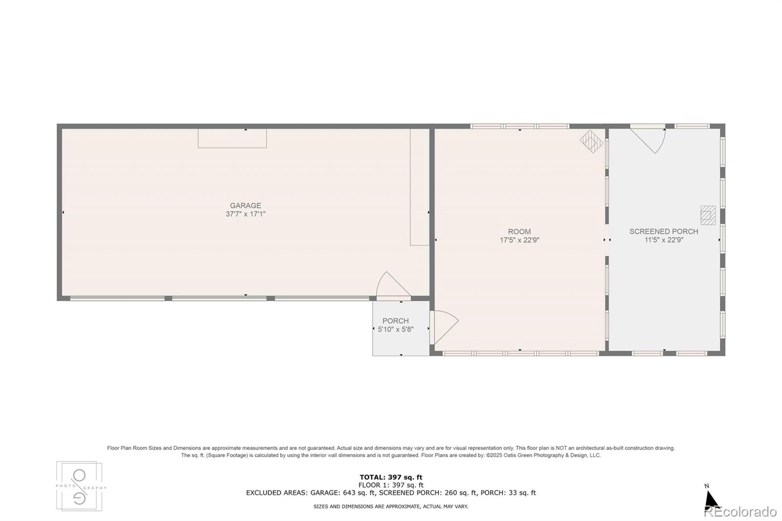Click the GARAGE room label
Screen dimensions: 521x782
click(245, 206)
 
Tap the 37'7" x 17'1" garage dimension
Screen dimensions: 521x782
click(245, 214)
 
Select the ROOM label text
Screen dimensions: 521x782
click(519, 232)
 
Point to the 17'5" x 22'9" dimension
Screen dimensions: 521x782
click(519, 240)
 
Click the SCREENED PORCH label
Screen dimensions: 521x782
click(663, 232)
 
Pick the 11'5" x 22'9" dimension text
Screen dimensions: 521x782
click(663, 240)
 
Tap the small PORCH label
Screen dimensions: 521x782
click(395, 321)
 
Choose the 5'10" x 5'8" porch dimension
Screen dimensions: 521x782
click(395, 329)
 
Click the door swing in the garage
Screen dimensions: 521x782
click(391, 285)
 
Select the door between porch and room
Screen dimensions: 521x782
click(444, 326)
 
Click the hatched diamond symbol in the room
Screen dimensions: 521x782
click(591, 141)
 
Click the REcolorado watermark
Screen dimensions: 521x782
click(740, 512)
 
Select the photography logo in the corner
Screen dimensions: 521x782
click(79, 486)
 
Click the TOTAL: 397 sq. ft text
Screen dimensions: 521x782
click(391, 478)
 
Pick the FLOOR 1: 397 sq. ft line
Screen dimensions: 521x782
click(391, 485)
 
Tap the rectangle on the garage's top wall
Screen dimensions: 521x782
click(232, 138)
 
